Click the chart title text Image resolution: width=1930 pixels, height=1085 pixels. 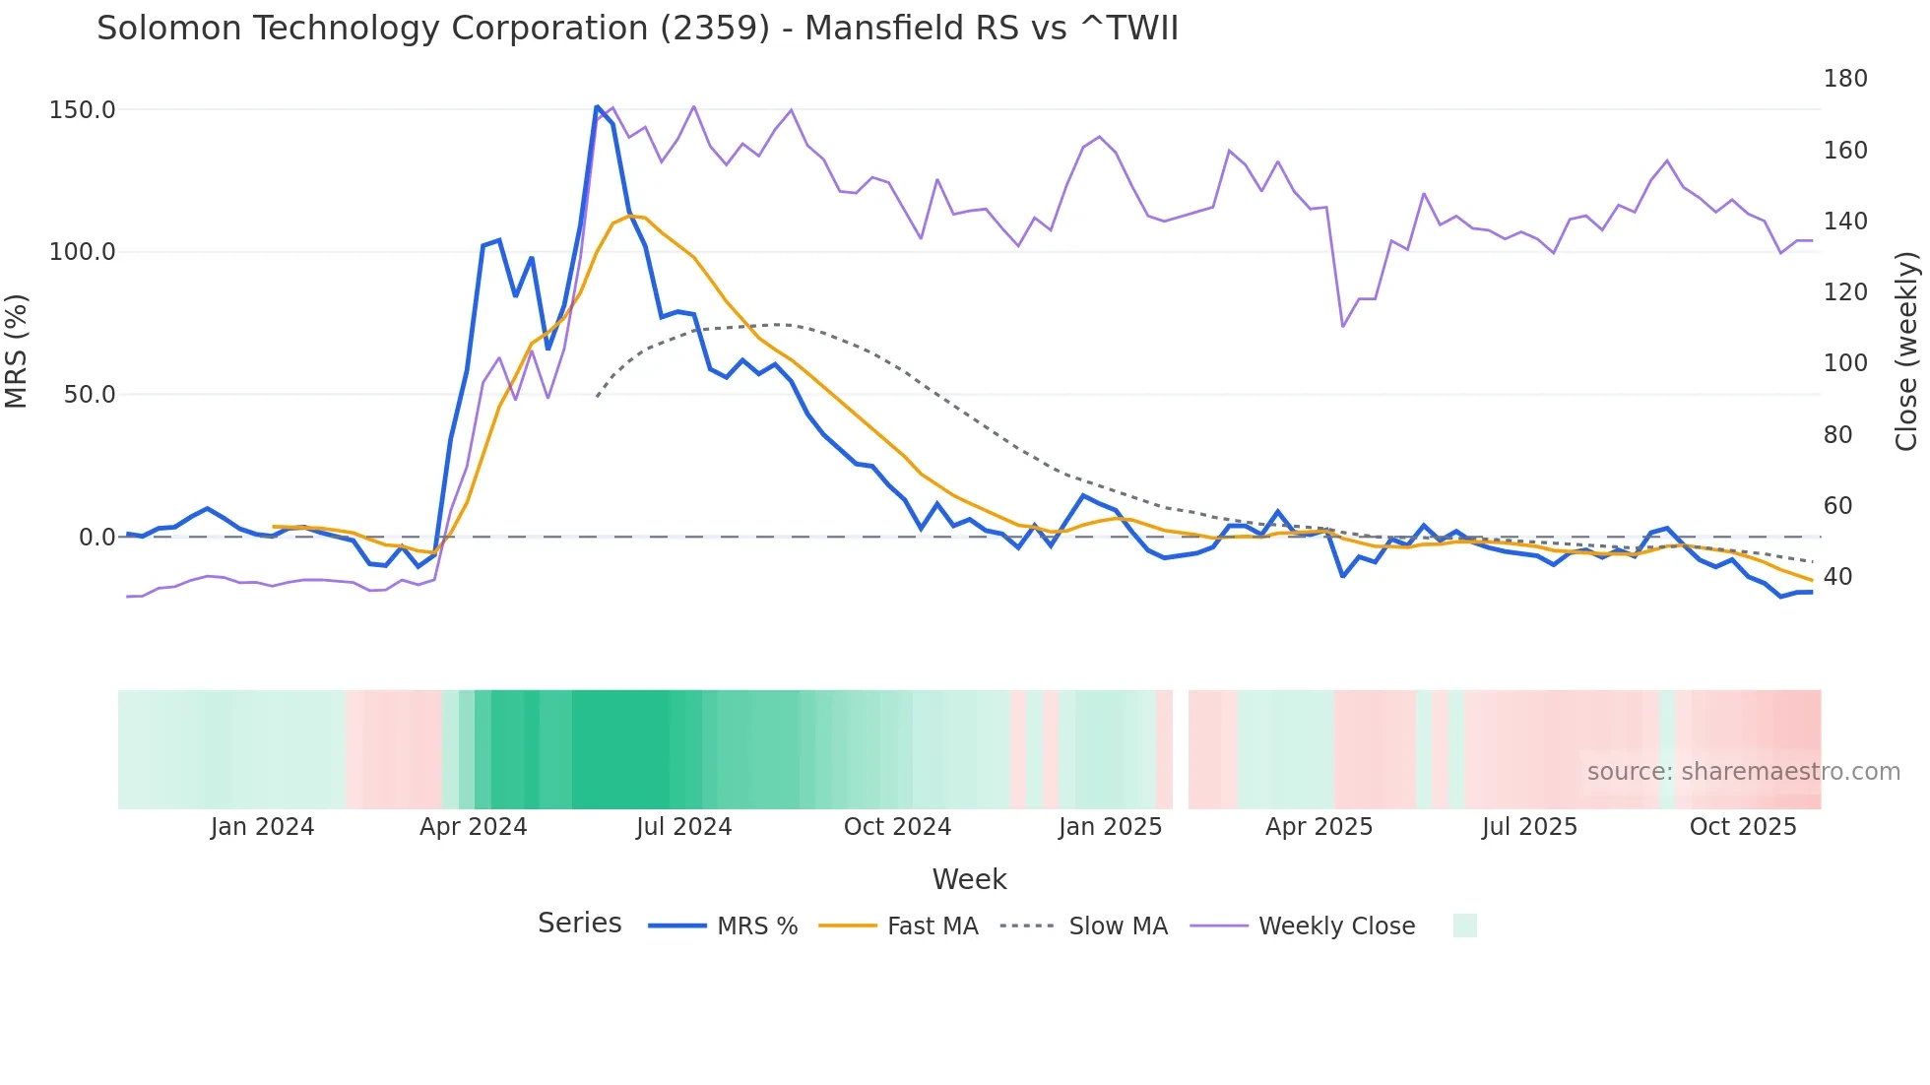[637, 29]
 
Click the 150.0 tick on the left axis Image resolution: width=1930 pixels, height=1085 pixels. [82, 110]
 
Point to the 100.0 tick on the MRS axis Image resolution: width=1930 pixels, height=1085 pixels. [82, 252]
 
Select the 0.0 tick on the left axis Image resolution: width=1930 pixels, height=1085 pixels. [96, 538]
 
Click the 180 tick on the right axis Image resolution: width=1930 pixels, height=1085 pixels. [1844, 79]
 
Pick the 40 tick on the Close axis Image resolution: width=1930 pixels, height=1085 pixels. [1837, 577]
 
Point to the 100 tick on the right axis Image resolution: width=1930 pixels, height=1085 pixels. [1844, 363]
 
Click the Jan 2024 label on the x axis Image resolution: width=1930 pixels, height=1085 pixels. [262, 827]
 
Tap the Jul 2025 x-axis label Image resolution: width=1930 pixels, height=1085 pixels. [1529, 827]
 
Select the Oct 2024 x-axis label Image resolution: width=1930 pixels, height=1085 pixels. [897, 827]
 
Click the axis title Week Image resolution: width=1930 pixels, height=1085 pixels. [969, 879]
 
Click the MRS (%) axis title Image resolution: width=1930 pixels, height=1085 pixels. [17, 351]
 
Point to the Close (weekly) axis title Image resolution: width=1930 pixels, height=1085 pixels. [1906, 351]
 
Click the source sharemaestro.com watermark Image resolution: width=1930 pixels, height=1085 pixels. [1743, 772]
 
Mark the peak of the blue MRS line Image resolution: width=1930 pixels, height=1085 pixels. [597, 106]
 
